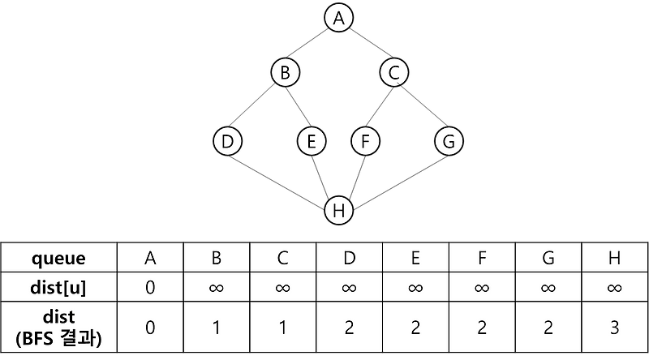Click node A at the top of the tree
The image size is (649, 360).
point(339,19)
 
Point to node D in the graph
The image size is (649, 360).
point(228,142)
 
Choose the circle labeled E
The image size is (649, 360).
point(311,142)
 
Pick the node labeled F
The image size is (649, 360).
point(366,142)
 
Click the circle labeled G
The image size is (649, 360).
point(449,142)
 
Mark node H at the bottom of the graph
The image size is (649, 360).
point(339,211)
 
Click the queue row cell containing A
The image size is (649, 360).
point(150,259)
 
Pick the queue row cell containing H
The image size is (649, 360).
point(614,259)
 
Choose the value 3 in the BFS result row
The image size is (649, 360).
point(614,327)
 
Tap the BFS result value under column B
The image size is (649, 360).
point(217,327)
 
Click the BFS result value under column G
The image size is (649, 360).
point(548,327)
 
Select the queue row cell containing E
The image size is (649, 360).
point(415,259)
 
